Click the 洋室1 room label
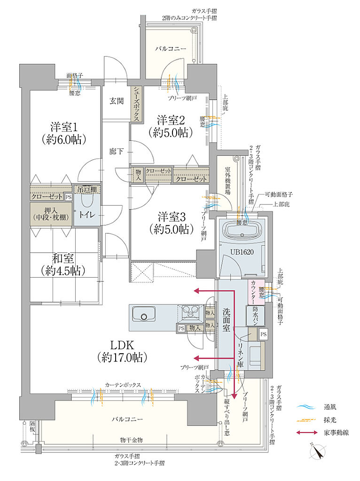tap(65, 127)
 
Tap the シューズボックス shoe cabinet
tap(136, 104)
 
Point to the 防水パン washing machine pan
tap(256, 315)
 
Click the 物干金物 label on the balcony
tap(131, 440)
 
